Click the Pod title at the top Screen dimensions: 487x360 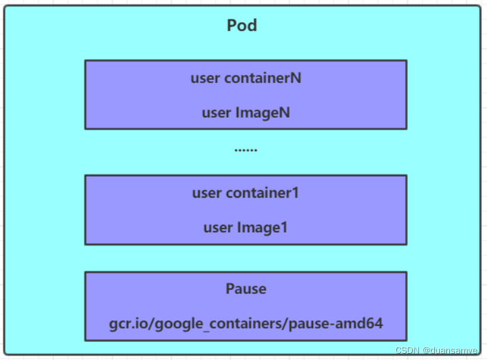[x=242, y=25]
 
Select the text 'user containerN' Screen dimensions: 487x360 [x=246, y=77]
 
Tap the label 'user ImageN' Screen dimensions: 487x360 [x=246, y=113]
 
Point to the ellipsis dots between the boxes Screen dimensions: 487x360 [x=246, y=150]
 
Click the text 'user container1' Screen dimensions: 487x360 [x=246, y=193]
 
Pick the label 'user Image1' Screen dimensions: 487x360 [x=246, y=227]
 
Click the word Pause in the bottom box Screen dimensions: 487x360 [x=246, y=289]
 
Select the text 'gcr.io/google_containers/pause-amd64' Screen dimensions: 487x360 [x=246, y=323]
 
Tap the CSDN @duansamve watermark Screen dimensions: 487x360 [x=437, y=351]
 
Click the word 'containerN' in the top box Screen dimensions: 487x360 [x=263, y=77]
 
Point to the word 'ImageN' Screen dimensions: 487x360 [x=263, y=113]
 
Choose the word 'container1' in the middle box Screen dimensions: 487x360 [x=263, y=193]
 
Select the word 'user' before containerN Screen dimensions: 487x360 [x=205, y=78]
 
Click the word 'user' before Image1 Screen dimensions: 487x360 [x=218, y=228]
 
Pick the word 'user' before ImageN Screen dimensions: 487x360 [x=217, y=113]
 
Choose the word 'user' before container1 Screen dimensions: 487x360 [x=207, y=193]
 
